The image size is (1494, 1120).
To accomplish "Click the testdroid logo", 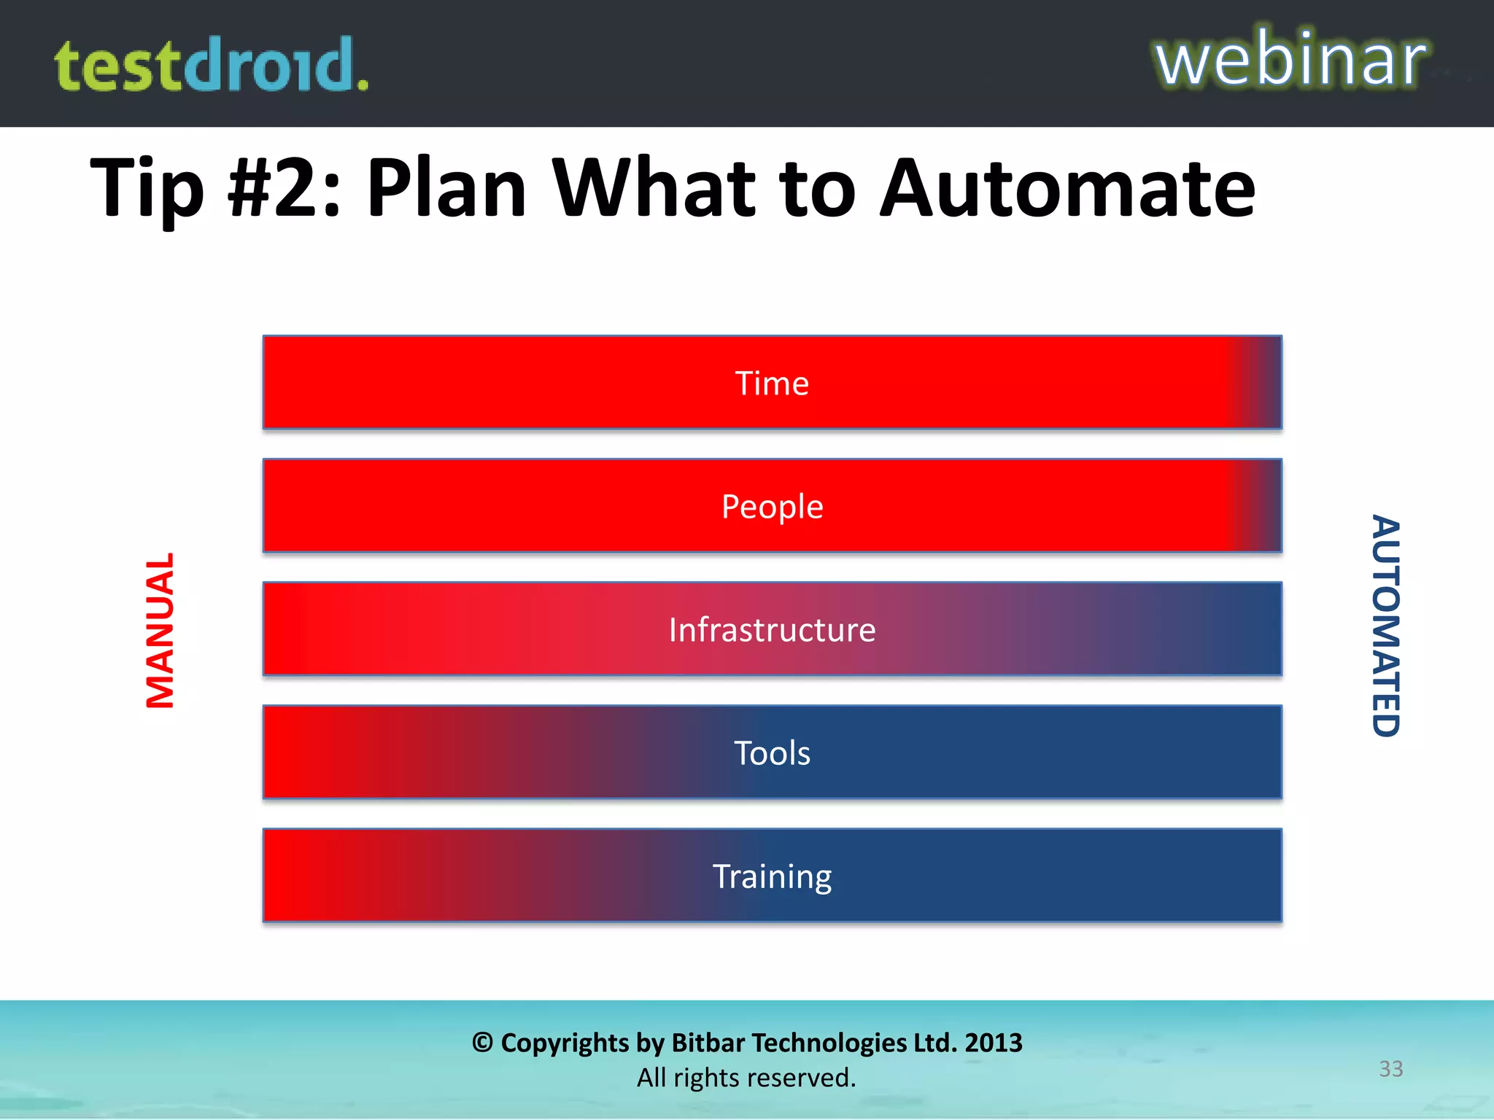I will click(x=212, y=66).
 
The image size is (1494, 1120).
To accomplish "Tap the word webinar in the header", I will click(x=1290, y=60).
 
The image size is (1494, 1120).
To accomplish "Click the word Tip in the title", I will click(x=146, y=190).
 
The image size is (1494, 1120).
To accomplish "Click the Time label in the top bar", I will click(x=772, y=384).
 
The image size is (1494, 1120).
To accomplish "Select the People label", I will click(x=772, y=507).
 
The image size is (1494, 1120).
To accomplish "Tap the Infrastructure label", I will click(x=772, y=630).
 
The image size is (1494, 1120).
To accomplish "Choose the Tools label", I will click(x=772, y=753).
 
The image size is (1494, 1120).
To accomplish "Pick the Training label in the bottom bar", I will click(x=772, y=876).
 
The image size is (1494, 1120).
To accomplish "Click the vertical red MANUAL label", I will click(x=160, y=630).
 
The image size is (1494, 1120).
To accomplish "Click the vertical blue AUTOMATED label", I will click(x=1385, y=626).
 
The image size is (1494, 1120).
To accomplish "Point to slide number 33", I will click(x=1390, y=1069).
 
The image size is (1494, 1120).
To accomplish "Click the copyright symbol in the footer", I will click(x=482, y=1043).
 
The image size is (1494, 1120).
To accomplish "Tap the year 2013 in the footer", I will click(x=993, y=1043).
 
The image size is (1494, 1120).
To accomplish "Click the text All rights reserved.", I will click(x=746, y=1078).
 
